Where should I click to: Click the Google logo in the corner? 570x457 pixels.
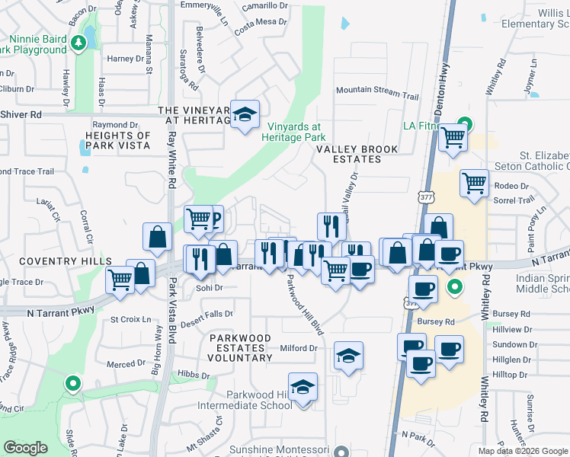coord(26,447)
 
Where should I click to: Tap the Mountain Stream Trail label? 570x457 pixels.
coord(377,91)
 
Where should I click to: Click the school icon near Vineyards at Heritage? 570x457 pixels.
coord(245,114)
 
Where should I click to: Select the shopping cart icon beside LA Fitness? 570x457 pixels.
coord(453,139)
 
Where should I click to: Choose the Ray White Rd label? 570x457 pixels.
coord(172,160)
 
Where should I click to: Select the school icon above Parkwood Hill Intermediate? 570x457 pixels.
coord(303,387)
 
